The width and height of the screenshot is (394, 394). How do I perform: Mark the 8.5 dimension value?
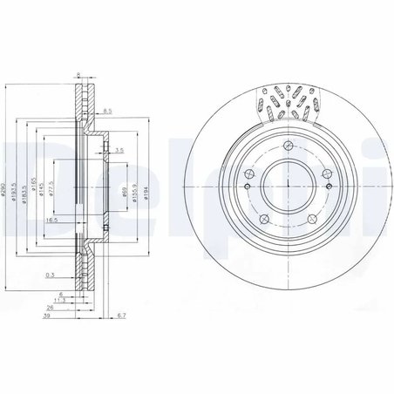click(x=108, y=112)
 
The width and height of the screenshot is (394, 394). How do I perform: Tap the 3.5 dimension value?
click(x=118, y=151)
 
